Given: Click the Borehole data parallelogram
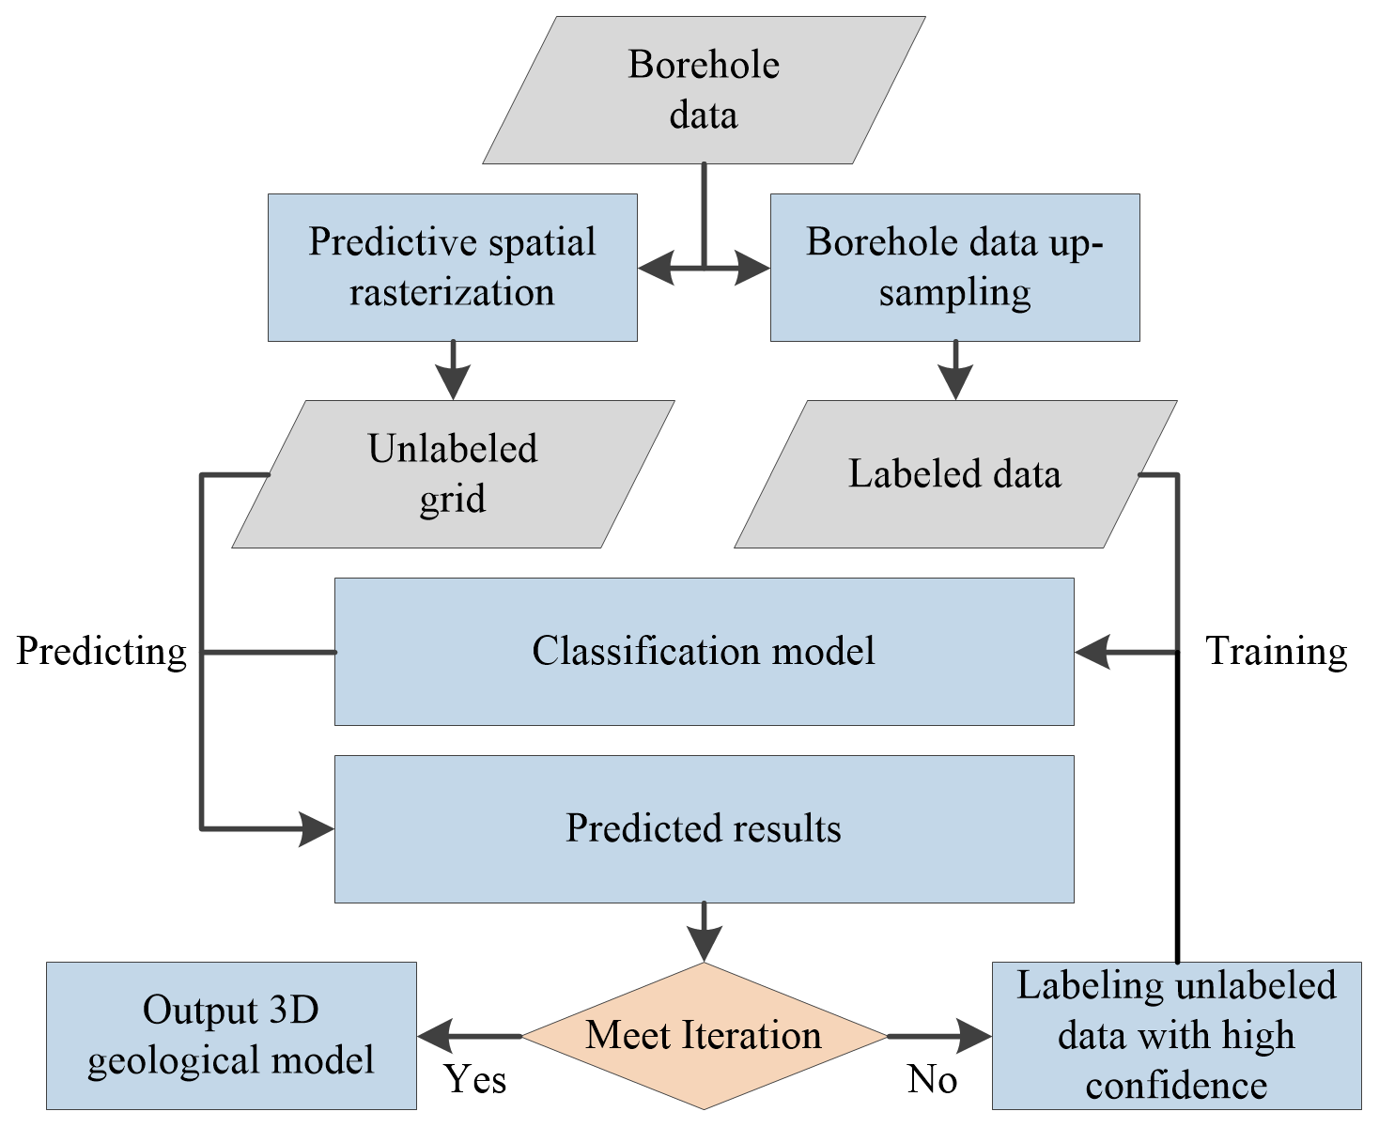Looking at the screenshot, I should coord(704,90).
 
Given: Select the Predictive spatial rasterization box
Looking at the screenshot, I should coord(452,268).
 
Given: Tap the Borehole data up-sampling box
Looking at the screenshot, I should coord(954,268).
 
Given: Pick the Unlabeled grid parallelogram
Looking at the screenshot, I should coord(453,474).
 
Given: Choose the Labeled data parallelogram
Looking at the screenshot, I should coord(954,474).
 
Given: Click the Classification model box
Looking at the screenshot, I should coord(704,652).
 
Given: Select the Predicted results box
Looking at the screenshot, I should coord(704,829).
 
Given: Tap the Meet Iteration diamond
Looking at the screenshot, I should coord(704,1036).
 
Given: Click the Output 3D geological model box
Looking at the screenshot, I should coord(231,1036).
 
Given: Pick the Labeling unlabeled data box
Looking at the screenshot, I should coord(1176,1036).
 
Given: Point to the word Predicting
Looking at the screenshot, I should coord(101,652).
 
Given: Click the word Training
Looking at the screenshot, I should coord(1276,652).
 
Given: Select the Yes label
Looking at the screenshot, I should coord(475,1080).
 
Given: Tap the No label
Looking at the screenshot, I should coord(932,1080).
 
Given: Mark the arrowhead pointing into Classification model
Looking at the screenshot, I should coord(1092,652).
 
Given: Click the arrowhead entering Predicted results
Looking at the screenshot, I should coord(318,829).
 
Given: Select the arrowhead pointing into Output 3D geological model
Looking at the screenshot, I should coord(434,1037).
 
